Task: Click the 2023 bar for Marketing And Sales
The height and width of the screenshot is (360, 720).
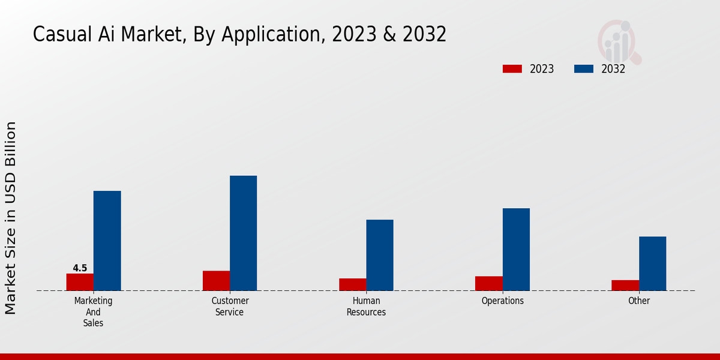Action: point(80,282)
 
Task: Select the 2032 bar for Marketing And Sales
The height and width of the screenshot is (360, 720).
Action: point(107,241)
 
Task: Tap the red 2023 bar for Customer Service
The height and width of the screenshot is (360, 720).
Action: point(216,281)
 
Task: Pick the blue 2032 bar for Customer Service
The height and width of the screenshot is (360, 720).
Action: point(243,233)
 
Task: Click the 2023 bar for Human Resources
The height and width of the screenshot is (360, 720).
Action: point(352,284)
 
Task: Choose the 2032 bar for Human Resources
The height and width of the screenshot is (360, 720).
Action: point(380,255)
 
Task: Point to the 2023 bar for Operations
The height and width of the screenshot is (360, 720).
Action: point(488,283)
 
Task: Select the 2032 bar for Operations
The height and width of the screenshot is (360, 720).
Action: point(516,249)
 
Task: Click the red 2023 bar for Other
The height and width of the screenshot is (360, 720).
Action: point(625,285)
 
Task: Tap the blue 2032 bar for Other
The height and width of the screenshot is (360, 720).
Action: point(652,263)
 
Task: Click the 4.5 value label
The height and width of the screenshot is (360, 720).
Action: point(80,268)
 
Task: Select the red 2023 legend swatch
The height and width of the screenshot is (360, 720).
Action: point(512,69)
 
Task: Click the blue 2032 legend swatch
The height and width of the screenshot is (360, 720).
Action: point(583,69)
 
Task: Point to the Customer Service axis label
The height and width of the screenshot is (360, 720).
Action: point(230,306)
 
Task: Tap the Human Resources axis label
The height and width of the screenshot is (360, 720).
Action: point(366,306)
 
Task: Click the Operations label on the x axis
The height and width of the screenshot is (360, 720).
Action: point(503,301)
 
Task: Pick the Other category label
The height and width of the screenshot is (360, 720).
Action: point(639,301)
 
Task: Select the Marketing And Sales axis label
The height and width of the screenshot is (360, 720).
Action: point(93,311)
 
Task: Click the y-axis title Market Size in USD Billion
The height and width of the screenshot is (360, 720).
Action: point(11,218)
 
